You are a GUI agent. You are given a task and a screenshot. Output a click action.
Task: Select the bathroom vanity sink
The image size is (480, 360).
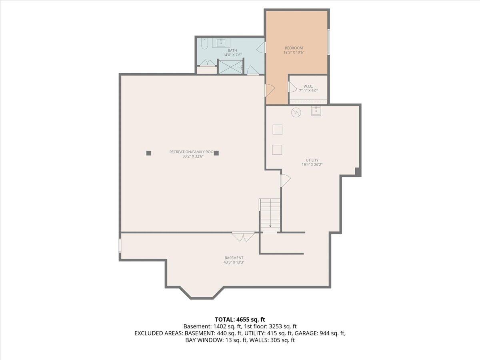[221, 42]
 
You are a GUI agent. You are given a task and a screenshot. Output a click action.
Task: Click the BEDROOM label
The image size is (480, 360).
[294, 48]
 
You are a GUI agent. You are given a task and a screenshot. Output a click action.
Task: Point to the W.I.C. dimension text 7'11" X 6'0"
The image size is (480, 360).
[308, 90]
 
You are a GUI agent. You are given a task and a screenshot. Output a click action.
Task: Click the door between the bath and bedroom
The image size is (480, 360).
[262, 47]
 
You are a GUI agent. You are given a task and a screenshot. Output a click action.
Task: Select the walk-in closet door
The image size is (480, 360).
[292, 87]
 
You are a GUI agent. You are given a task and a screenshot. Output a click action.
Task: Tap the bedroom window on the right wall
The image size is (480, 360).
[328, 42]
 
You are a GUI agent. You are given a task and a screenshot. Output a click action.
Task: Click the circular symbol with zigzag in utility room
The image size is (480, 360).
[295, 112]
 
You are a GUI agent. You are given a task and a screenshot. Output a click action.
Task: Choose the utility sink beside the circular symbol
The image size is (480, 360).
[316, 111]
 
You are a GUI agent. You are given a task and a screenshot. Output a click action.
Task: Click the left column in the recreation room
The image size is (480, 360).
[148, 152]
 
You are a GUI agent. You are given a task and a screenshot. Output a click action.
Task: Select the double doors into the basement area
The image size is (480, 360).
[243, 237]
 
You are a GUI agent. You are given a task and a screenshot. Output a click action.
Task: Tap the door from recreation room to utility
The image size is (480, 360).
[284, 180]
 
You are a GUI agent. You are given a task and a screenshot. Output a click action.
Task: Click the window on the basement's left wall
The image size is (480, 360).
[120, 245]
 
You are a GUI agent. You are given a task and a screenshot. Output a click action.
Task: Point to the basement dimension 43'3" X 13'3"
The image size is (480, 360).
[234, 262]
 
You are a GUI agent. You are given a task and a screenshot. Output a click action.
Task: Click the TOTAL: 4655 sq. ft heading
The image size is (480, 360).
[240, 319]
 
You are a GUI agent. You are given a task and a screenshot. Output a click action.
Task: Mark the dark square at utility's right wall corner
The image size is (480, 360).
[358, 171]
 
